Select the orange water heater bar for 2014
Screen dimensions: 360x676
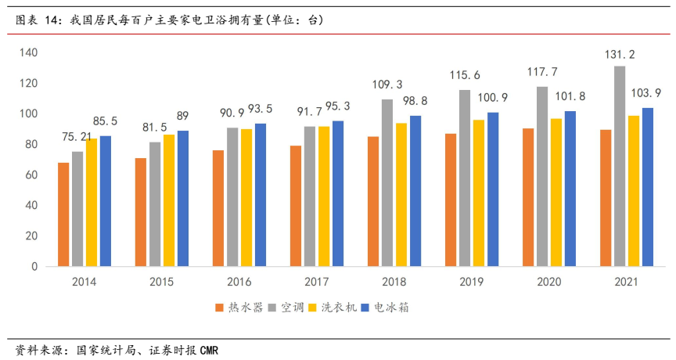[63, 214]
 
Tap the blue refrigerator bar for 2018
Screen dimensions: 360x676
[415, 191]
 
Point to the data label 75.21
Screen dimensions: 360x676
[77, 137]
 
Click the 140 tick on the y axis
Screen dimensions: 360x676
[30, 52]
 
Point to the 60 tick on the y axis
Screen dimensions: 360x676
[32, 175]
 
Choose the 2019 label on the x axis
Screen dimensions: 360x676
[472, 282]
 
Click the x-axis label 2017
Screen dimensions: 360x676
[317, 282]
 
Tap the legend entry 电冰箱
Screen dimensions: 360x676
[390, 308]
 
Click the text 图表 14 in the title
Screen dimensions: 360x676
[38, 20]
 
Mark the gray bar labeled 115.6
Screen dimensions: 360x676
[465, 178]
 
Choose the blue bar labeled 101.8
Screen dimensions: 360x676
[570, 189]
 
